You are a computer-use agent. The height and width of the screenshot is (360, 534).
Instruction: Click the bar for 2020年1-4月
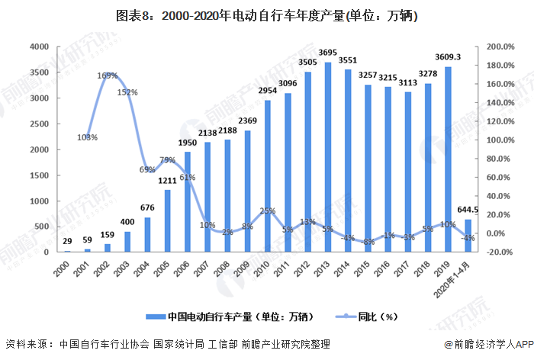coord(467,236)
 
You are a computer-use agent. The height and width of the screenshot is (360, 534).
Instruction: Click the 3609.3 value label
coord(448,57)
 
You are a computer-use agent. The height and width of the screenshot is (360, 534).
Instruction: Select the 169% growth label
coord(108,76)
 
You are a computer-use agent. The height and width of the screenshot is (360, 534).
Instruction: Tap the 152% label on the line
coord(127,92)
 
